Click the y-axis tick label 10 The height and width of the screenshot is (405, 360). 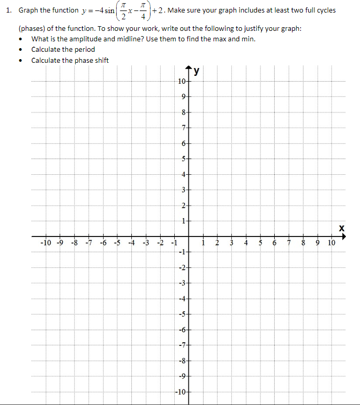pyautogui.click(x=181, y=82)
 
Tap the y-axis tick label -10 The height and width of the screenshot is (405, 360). pyautogui.click(x=180, y=391)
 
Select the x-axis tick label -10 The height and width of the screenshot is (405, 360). pyautogui.click(x=46, y=243)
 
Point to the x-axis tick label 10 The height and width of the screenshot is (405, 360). pyautogui.click(x=332, y=243)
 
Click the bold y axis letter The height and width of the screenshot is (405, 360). pyautogui.click(x=197, y=73)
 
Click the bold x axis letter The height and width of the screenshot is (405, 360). pyautogui.click(x=342, y=228)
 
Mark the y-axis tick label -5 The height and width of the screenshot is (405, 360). pyautogui.click(x=182, y=314)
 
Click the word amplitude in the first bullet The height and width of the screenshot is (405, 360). pyautogui.click(x=85, y=39)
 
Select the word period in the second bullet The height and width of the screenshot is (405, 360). pyautogui.click(x=85, y=50)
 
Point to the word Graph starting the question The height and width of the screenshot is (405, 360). pyautogui.click(x=29, y=10)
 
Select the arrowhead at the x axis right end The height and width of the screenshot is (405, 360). pyautogui.click(x=345, y=236)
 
